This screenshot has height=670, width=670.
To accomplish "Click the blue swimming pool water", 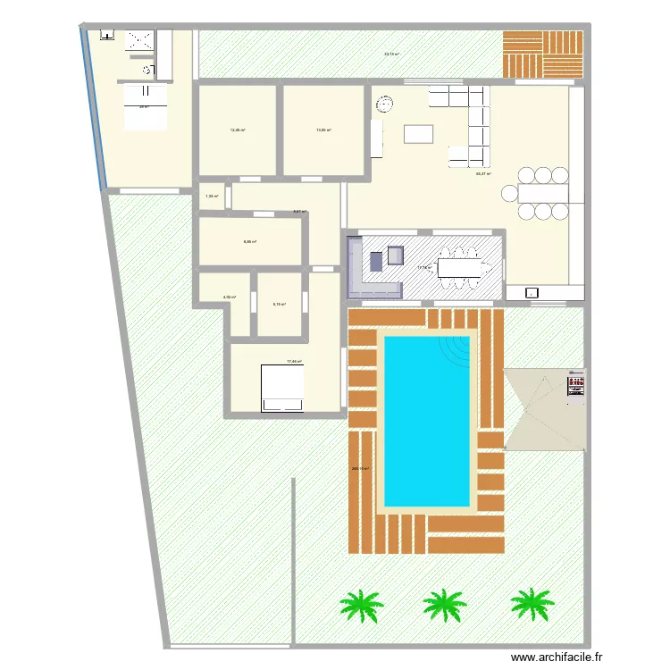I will tap(426, 420).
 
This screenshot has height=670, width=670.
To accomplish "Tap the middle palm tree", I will tap(444, 605).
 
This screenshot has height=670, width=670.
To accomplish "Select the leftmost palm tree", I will tap(361, 605).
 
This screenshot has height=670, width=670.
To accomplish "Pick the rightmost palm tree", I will tap(532, 604).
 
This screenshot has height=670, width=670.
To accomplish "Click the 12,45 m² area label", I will tap(238, 130).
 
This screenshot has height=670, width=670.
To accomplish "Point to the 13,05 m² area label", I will tap(323, 130).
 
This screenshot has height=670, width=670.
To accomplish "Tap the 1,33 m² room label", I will tap(211, 197).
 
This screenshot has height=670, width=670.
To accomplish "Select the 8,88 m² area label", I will tap(250, 242).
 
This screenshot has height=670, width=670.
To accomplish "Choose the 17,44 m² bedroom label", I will tap(294, 362).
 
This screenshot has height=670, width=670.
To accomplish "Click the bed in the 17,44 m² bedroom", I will tap(282, 388).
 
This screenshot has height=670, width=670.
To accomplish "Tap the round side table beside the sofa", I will tap(385, 105).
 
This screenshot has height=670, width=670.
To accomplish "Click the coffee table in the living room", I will tap(419, 134).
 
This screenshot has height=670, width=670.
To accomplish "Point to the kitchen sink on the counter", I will tap(532, 292).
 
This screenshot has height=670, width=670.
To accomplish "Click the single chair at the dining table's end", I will tap(510, 192).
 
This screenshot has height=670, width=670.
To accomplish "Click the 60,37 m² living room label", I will tap(483, 174).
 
